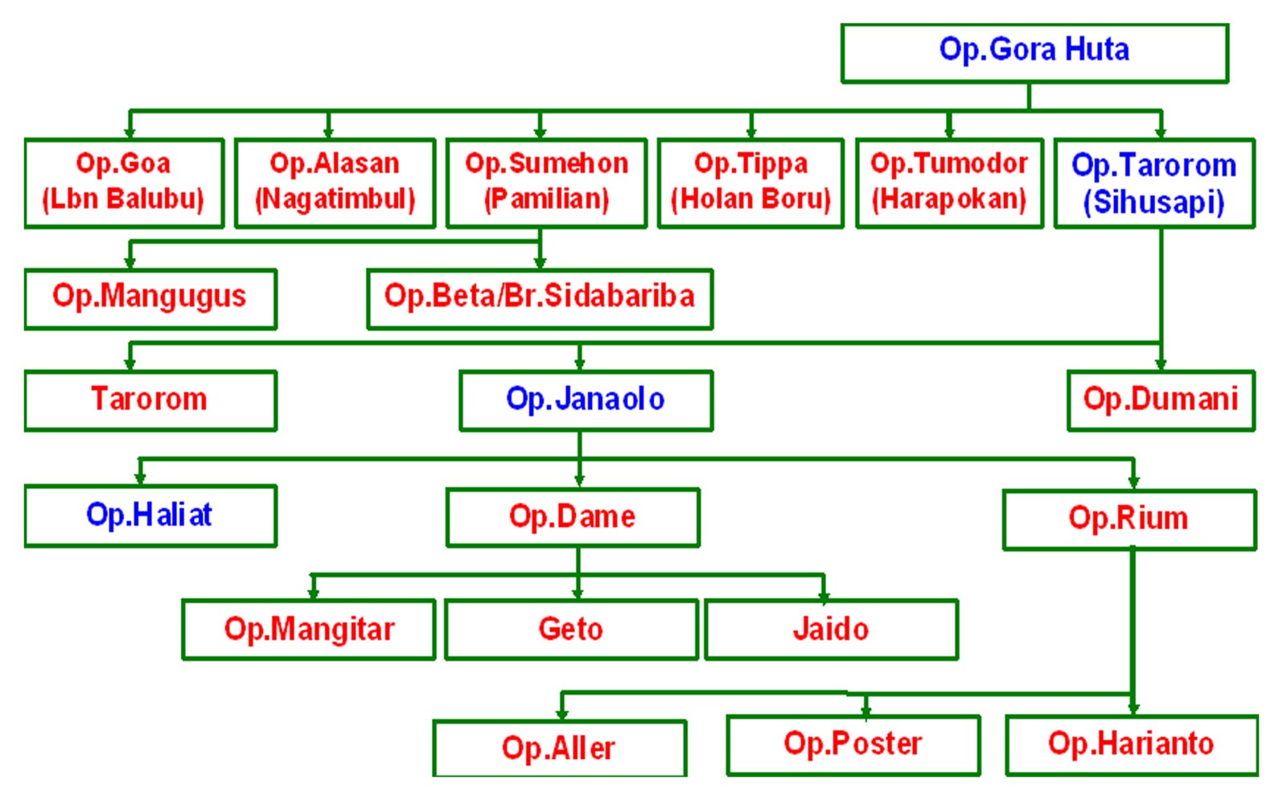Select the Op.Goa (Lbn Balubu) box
point(124,183)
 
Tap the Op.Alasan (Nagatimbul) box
point(335,183)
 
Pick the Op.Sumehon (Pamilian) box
point(546,183)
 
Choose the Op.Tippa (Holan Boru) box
point(750,183)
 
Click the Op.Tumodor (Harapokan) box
point(949,183)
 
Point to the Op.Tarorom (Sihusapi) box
point(1154,183)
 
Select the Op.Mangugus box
point(150,298)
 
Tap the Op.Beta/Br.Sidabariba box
point(540,298)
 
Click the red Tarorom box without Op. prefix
point(150,400)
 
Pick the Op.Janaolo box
point(586,400)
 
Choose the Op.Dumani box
point(1161,400)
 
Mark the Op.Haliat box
point(150,515)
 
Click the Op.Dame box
point(573,517)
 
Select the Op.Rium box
point(1129,519)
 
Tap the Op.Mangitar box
point(309,630)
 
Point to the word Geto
point(570,629)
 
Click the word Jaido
point(831,629)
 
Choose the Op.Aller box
point(559,748)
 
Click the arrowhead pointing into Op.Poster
point(866,711)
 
